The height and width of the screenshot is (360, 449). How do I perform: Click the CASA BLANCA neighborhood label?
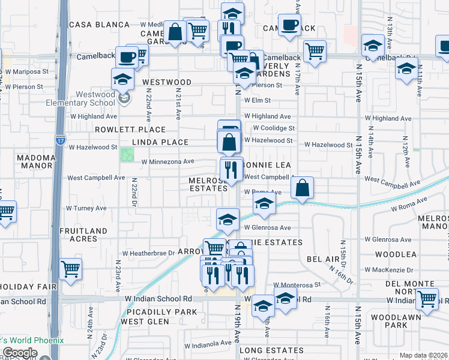click(99, 25)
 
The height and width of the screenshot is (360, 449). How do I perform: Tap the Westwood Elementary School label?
click(81, 98)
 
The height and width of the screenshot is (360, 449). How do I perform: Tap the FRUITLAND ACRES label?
click(83, 235)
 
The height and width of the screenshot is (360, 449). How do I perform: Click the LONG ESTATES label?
click(271, 350)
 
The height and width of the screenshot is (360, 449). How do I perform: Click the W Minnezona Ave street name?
click(167, 161)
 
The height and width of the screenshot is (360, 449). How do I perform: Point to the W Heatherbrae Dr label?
click(152, 253)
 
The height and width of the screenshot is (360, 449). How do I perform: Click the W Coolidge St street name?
click(274, 128)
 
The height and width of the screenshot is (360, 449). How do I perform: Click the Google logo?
click(20, 353)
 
